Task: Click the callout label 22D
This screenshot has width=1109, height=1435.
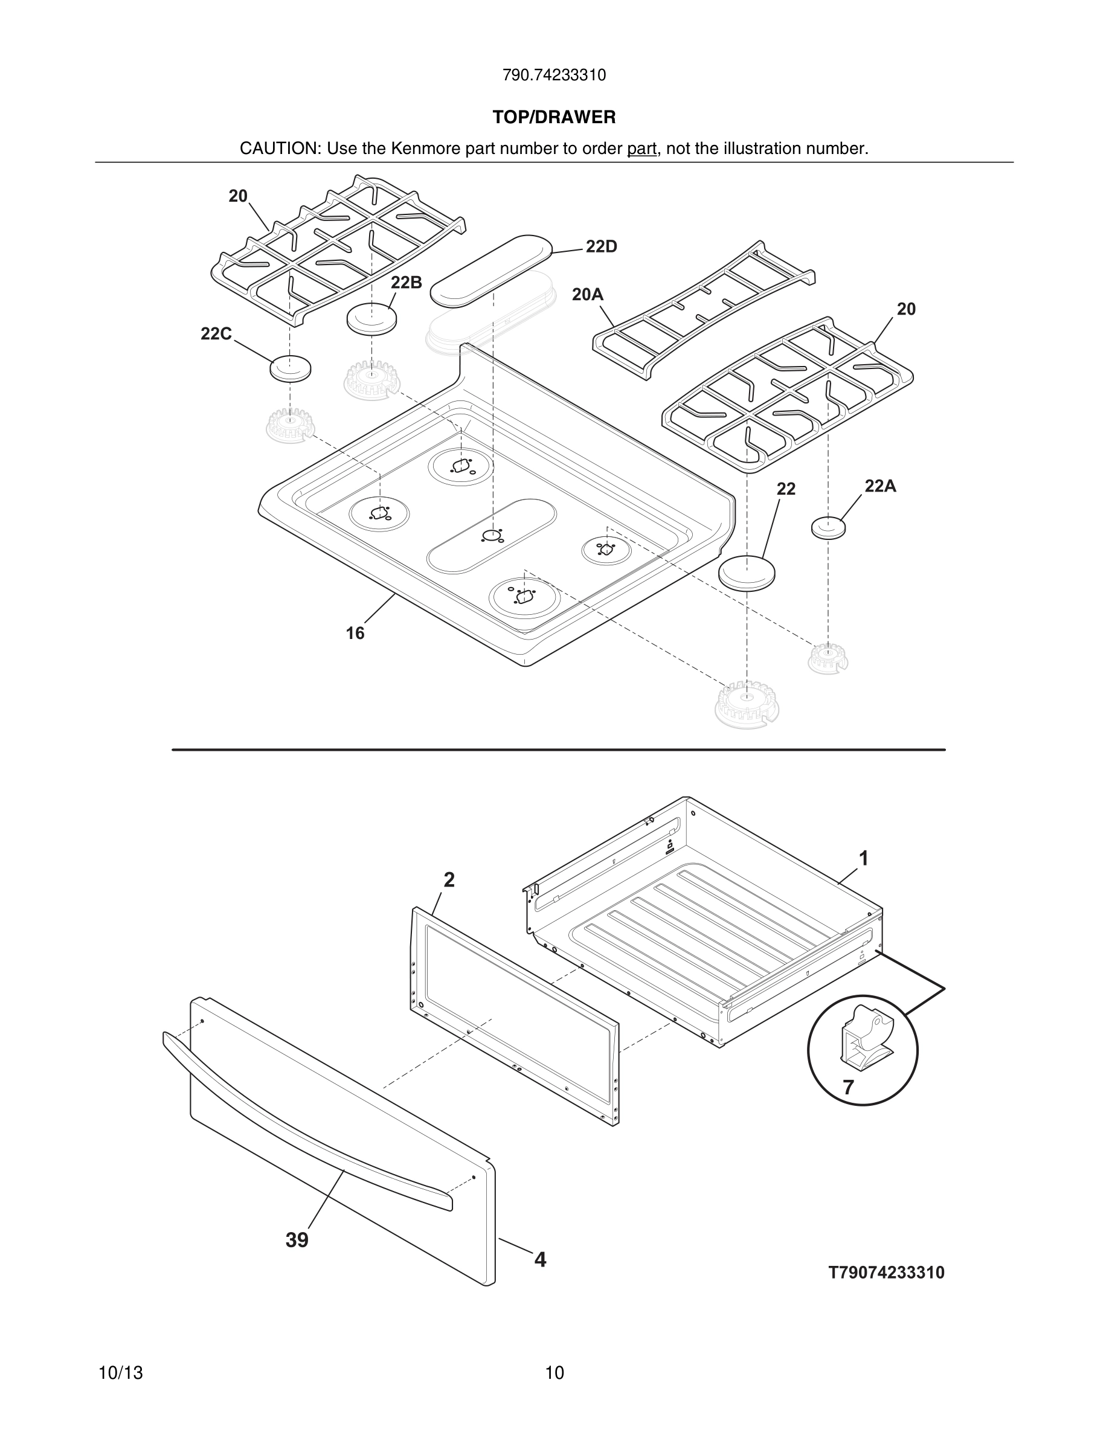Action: [601, 247]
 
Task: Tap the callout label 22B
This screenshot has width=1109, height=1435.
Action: [406, 283]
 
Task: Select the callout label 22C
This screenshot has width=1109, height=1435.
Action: [216, 335]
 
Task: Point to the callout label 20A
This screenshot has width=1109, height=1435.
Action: [587, 295]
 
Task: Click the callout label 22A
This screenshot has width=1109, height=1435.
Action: [879, 486]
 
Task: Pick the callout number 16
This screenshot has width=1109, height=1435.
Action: [355, 634]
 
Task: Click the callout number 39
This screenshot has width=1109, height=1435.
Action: [297, 1241]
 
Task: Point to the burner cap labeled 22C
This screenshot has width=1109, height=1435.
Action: [290, 368]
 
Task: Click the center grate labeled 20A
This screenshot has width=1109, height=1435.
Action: [703, 309]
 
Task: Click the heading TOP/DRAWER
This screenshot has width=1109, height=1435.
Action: [554, 118]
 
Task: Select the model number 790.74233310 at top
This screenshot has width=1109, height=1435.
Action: [554, 75]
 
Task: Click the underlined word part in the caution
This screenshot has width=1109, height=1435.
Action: [641, 149]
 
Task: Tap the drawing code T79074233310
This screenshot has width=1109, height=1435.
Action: [886, 1273]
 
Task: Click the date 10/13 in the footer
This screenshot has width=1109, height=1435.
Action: [120, 1373]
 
